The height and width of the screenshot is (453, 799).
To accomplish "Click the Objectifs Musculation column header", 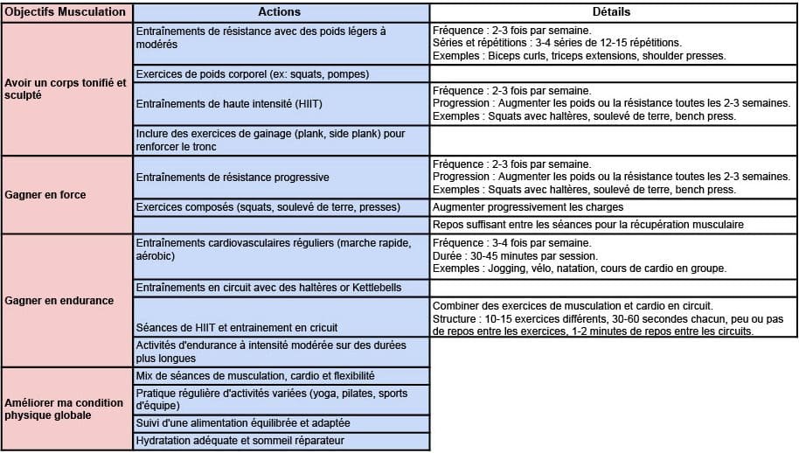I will pos(67,13).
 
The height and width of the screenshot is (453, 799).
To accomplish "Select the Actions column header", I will pos(281,13).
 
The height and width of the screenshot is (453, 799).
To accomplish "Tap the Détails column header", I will pos(612,13).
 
